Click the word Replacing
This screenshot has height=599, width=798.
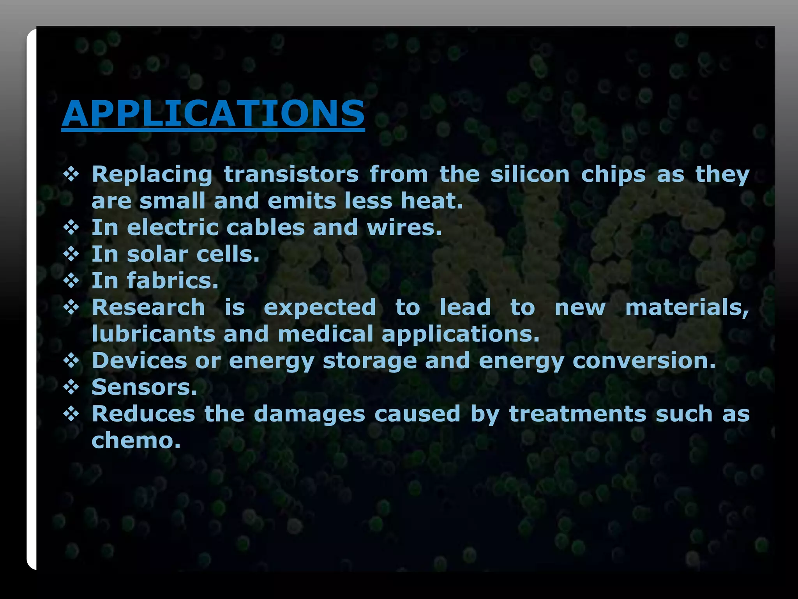click(x=152, y=175)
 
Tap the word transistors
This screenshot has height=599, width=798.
click(x=291, y=174)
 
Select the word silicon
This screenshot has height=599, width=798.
click(x=530, y=174)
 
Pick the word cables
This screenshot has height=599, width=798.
click(x=265, y=227)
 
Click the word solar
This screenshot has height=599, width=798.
click(x=157, y=254)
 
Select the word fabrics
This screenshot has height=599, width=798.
click(x=173, y=281)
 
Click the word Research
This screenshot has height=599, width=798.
click(x=148, y=307)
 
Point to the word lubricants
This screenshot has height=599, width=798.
click(x=153, y=334)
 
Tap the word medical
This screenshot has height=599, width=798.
click(x=325, y=334)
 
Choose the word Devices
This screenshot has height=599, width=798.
click(x=139, y=361)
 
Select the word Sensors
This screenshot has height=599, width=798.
click(x=144, y=387)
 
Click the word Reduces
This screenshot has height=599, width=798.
click(x=143, y=414)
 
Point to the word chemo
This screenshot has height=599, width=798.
click(x=136, y=441)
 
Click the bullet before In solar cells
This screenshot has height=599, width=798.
click(x=71, y=255)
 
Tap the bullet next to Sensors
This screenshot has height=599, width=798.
click(x=71, y=388)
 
